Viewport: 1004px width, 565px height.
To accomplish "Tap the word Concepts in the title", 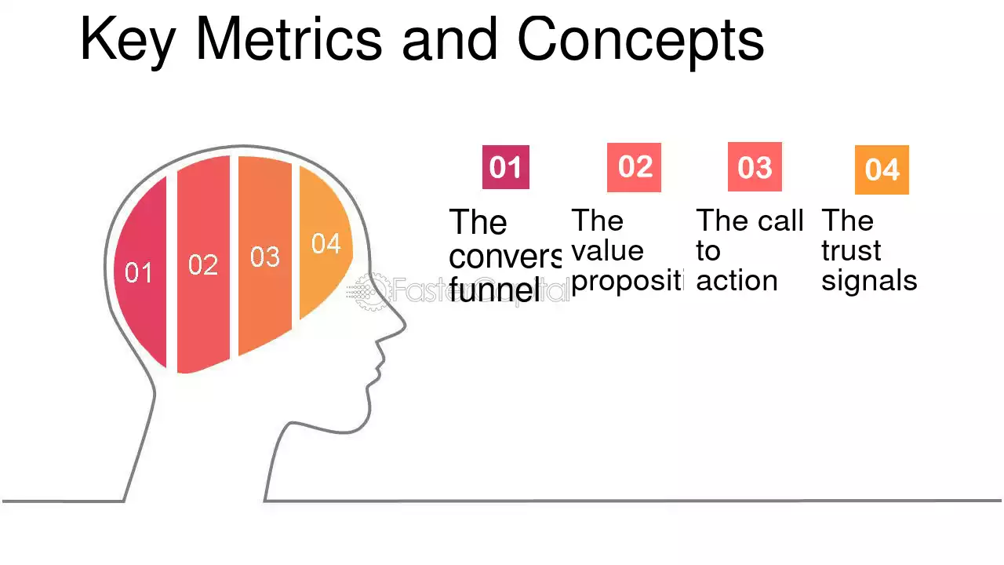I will pos(640,41).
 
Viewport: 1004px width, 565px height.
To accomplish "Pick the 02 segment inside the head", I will pos(203,264).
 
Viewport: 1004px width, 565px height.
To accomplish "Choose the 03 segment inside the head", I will pos(265,257).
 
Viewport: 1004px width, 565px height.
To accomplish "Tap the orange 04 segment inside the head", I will pos(325,244).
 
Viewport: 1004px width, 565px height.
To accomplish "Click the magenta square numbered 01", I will pos(505,167).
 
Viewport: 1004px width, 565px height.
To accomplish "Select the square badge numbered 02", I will pos(634,167).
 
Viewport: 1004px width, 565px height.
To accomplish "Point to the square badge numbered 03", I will pos(755,167).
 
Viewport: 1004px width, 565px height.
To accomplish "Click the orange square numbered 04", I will pos(882,169).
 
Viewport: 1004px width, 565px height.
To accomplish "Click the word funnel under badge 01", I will pos(495,291).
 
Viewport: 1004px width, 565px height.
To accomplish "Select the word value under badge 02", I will pos(607,251).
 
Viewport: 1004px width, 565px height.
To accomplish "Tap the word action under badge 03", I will pos(736,281).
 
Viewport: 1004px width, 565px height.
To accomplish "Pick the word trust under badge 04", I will pos(851,251).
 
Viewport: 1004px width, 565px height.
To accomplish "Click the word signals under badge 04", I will pos(869,281).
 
